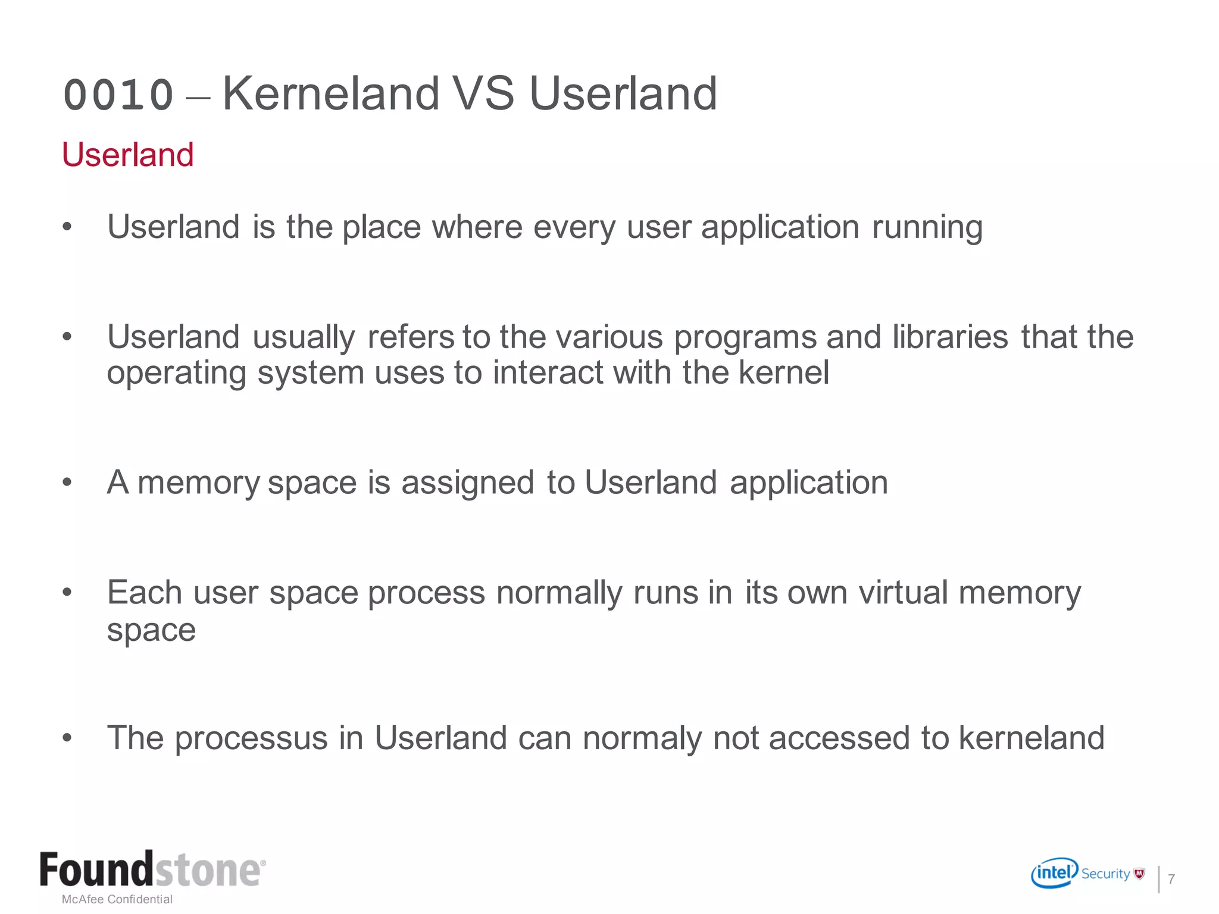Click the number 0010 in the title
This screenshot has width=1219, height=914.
(x=118, y=95)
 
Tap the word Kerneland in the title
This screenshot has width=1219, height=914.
(x=331, y=93)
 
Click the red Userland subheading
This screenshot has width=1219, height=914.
(x=128, y=155)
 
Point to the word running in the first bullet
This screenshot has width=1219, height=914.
(x=927, y=228)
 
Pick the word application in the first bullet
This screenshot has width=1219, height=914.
(x=780, y=228)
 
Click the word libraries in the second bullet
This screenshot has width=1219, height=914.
(x=950, y=337)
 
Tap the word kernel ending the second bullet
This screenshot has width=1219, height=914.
(x=783, y=373)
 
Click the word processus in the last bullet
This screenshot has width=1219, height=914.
(x=251, y=738)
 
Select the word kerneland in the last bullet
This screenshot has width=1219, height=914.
(x=1031, y=738)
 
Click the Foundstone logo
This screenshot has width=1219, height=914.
(x=152, y=870)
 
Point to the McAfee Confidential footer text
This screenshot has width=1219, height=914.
(x=117, y=899)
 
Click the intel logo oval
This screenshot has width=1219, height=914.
(x=1054, y=873)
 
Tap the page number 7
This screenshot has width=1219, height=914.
(x=1171, y=879)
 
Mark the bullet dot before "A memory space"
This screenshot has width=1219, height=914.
(x=67, y=483)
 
